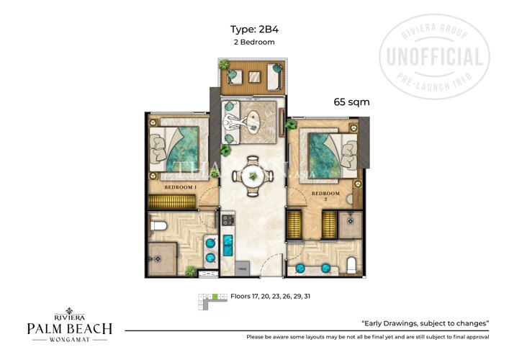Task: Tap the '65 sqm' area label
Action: tap(351, 102)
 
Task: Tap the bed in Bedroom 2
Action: tap(328, 155)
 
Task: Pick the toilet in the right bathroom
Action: tap(351, 265)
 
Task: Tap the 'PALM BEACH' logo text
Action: tap(69, 329)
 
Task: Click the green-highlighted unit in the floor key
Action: tap(215, 296)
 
